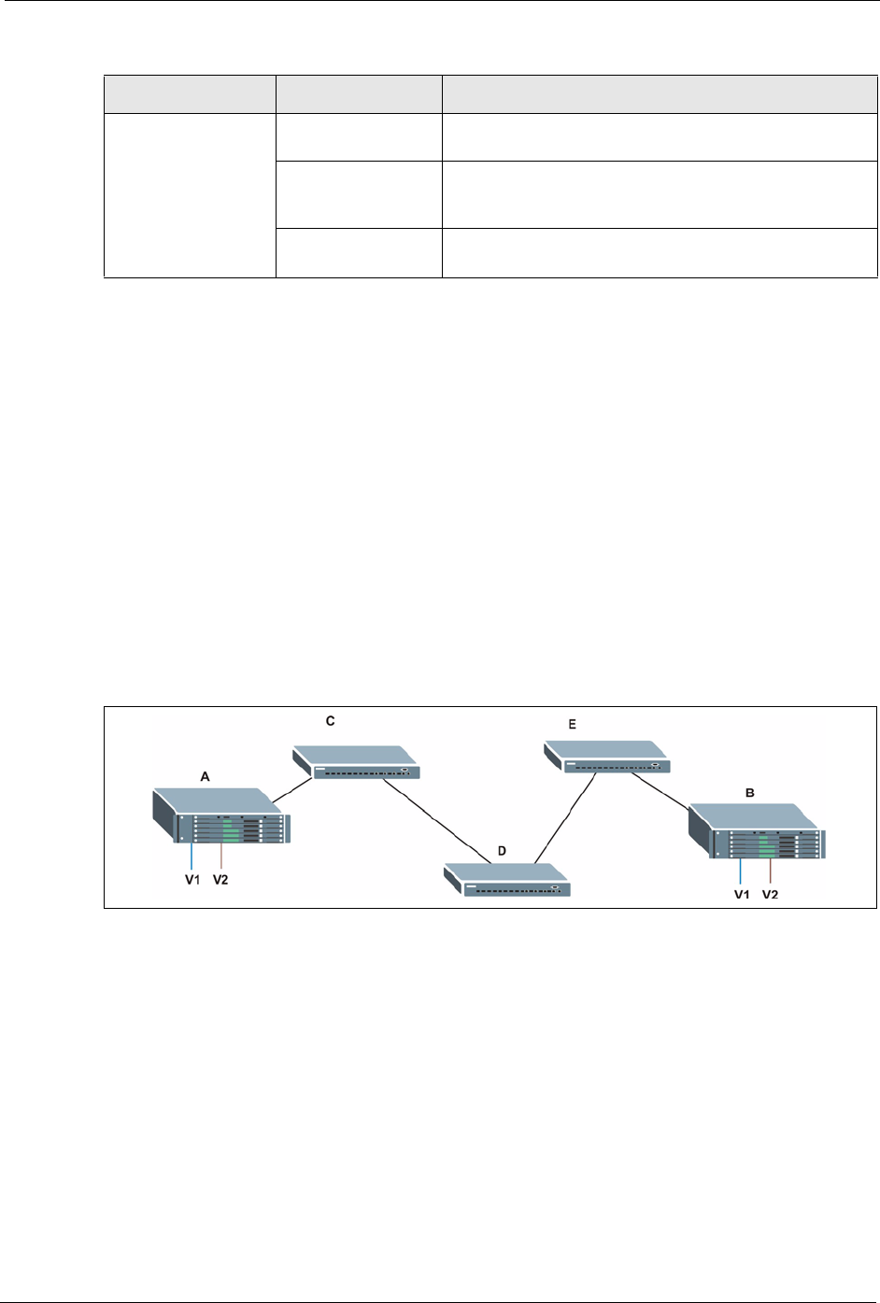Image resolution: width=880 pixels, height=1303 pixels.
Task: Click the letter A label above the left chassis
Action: tap(206, 775)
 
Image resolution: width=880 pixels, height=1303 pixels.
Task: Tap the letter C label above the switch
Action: tap(330, 721)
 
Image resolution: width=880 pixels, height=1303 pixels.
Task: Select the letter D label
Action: tap(502, 852)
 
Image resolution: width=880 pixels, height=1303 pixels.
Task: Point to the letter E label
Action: tap(573, 724)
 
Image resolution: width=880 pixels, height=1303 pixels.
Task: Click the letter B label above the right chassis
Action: tap(750, 792)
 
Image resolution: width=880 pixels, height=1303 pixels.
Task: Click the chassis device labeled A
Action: tap(222, 816)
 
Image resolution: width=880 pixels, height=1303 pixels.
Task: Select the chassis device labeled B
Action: tap(758, 832)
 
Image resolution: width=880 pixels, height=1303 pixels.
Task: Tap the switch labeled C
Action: tap(357, 762)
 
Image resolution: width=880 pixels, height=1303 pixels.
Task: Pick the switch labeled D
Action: tap(508, 879)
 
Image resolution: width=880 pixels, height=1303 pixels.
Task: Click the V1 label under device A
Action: tap(192, 879)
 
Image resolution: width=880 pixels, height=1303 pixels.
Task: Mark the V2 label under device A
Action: tap(220, 879)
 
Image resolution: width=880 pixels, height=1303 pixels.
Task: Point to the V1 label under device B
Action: tap(741, 894)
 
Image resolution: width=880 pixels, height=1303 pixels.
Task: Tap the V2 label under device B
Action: tap(770, 894)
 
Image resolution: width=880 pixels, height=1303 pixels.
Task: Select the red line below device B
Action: tap(770, 871)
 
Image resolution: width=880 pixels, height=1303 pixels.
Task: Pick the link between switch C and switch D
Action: tap(437, 820)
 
